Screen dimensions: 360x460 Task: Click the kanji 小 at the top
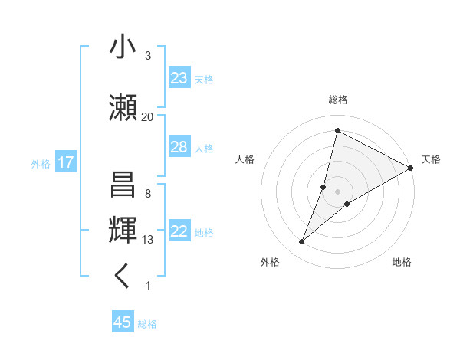123,47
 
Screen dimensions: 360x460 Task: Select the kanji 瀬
123,106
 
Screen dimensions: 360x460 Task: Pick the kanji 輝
123,229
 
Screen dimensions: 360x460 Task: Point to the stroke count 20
147,117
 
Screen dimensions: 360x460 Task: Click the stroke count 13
147,240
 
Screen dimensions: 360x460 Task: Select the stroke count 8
147,194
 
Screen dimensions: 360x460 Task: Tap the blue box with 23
179,78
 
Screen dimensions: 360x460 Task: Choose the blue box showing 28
179,147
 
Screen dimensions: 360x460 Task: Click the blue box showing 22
179,231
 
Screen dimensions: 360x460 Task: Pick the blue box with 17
65,162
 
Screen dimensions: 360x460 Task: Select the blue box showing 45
123,322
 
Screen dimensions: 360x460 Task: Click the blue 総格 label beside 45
148,324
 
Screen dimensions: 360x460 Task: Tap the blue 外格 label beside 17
41,163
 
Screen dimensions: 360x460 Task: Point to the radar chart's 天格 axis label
431,159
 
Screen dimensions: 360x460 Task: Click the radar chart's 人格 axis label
245,159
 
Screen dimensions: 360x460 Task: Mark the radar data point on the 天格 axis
410,168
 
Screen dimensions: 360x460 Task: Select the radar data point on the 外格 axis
302,242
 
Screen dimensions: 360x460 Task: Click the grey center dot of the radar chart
337,191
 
